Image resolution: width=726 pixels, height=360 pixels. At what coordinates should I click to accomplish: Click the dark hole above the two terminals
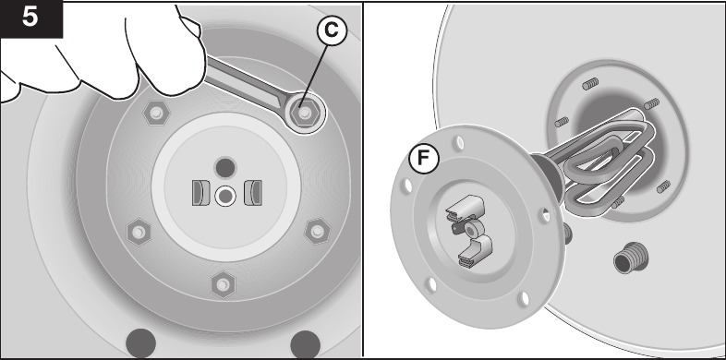(x=224, y=167)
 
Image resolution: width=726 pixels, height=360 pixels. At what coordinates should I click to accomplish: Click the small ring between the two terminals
(x=224, y=196)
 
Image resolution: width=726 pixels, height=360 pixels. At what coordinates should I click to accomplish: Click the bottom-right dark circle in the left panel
(x=304, y=343)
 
